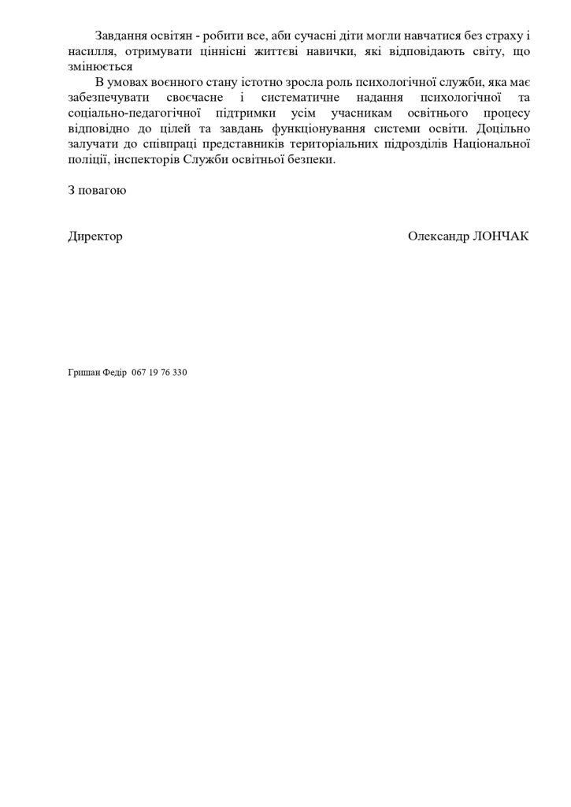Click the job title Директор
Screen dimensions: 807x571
(x=95, y=236)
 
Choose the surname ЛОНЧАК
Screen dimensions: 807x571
(x=499, y=236)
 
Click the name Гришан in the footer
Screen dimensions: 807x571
(x=84, y=373)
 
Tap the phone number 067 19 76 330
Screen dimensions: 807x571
(x=160, y=373)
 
